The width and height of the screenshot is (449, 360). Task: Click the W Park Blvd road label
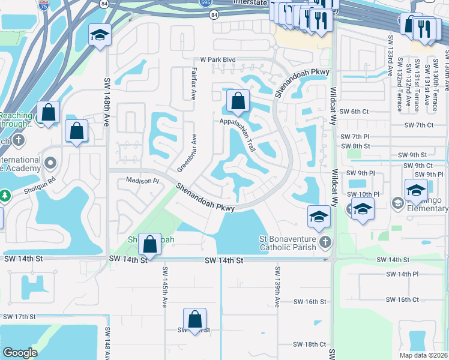click(x=218, y=60)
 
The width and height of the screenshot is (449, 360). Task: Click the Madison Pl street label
click(x=142, y=180)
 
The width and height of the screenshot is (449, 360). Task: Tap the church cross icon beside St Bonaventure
click(x=325, y=242)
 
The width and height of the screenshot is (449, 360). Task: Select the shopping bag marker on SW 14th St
click(x=150, y=244)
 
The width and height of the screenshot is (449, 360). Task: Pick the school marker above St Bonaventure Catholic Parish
click(x=319, y=216)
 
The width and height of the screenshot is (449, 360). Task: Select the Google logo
click(x=20, y=353)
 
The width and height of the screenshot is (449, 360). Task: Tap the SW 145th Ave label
click(x=163, y=287)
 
